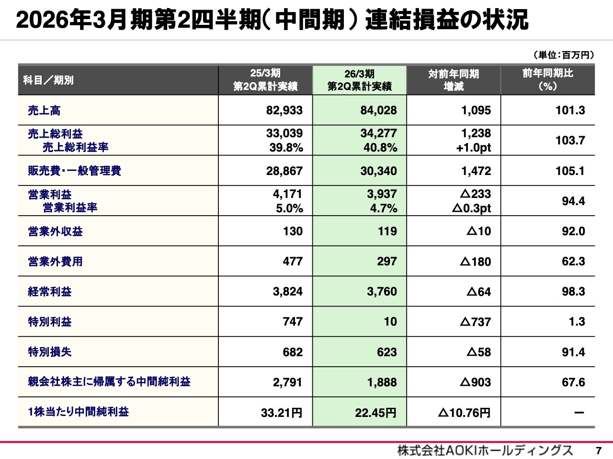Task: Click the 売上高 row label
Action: point(44,110)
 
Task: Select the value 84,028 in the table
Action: point(378,110)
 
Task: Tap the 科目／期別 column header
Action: point(48,80)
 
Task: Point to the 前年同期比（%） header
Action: point(547,80)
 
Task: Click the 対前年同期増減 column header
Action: point(454,80)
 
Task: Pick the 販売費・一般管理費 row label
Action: point(74,171)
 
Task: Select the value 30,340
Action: point(378,171)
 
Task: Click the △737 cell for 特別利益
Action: point(475,322)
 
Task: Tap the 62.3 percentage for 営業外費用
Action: point(573,262)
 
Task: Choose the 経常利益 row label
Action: point(50,292)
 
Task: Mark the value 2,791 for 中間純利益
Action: point(287,382)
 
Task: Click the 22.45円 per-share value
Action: point(375,413)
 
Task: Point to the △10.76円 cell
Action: point(464,413)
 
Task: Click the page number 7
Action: point(598,450)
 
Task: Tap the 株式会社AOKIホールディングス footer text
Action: point(485,450)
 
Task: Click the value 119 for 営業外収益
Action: point(387,231)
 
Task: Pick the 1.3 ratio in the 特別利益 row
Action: point(577,322)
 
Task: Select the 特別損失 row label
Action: point(50,352)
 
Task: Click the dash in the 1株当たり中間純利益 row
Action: point(579,412)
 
